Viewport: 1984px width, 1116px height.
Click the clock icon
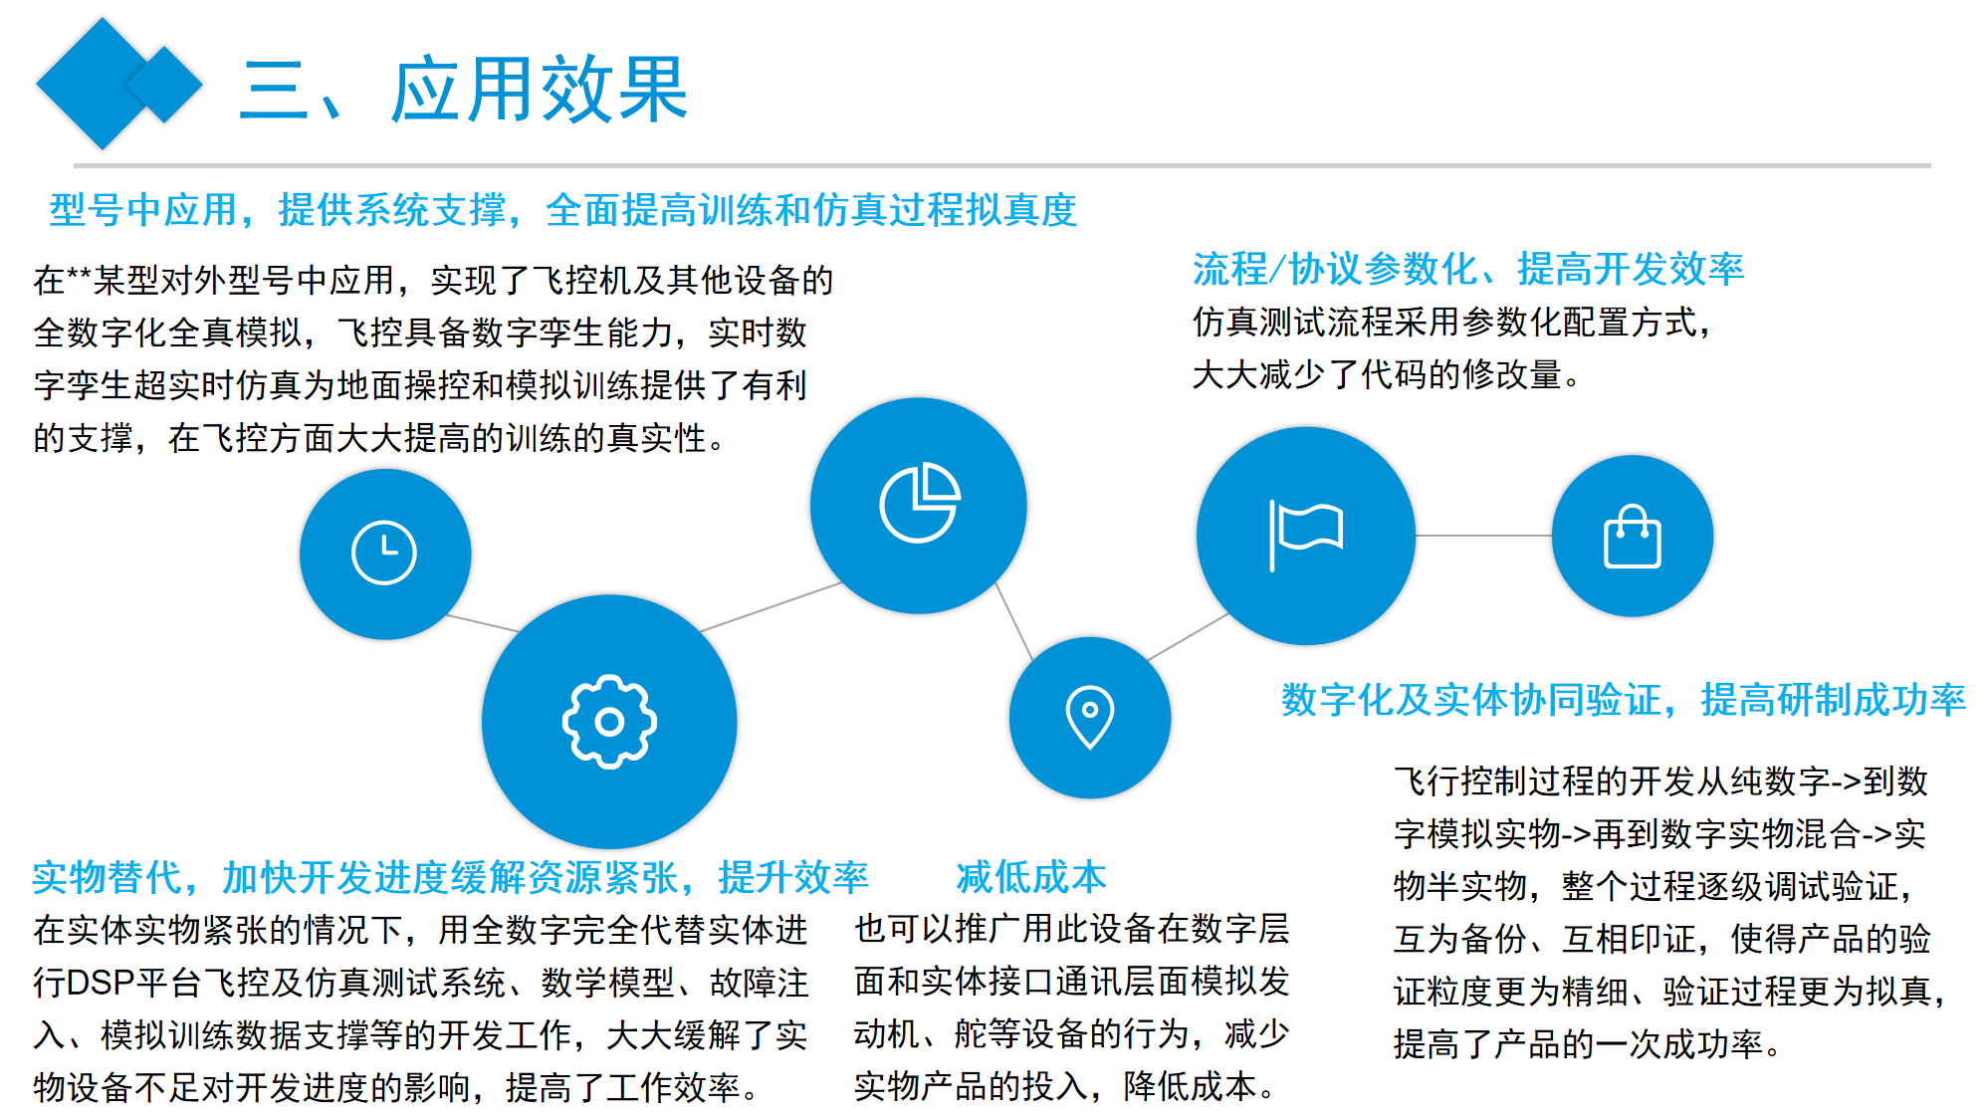point(384,553)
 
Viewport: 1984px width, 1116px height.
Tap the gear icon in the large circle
point(609,722)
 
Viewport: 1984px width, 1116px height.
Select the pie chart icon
point(920,503)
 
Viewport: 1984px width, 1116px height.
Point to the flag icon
point(1306,536)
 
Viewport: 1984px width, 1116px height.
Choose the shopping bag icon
point(1633,537)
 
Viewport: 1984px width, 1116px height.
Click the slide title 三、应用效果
point(464,90)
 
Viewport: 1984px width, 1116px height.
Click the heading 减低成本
point(1031,877)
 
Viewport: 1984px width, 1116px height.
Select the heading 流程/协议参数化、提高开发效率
point(1468,269)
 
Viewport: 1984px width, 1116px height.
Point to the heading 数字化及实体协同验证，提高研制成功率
point(1624,700)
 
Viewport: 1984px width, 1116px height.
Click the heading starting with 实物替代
point(450,877)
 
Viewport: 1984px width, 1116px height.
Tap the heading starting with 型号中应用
point(563,210)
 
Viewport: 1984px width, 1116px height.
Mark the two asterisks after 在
point(79,275)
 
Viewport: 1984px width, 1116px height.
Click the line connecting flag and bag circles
point(1483,536)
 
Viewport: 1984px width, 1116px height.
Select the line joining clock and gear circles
point(482,623)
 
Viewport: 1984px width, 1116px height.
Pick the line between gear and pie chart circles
point(772,606)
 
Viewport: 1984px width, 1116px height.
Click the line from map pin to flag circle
point(1189,637)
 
